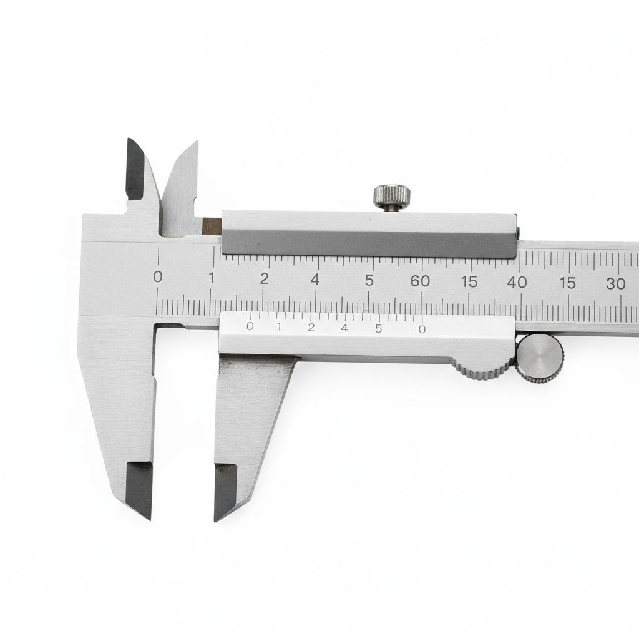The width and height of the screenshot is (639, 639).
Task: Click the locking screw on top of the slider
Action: tap(392, 198)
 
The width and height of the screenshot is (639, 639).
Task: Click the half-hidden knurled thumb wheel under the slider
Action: tap(482, 368)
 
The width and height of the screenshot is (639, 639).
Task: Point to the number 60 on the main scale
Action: tap(420, 281)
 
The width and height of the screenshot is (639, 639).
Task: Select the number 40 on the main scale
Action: tap(517, 282)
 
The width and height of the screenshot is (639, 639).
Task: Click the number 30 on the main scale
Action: tap(615, 283)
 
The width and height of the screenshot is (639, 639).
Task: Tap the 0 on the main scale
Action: tap(158, 277)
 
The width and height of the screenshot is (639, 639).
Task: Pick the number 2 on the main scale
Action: tap(265, 279)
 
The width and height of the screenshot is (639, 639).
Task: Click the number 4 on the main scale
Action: tap(315, 280)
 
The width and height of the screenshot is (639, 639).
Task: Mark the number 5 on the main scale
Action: tap(369, 280)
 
